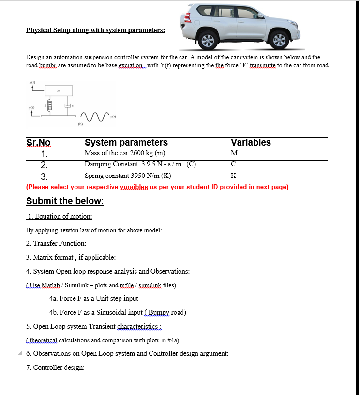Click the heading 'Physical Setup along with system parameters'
pos(95,30)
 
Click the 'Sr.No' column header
pos(38,143)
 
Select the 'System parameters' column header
pos(126,143)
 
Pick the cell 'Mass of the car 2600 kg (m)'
pos(125,153)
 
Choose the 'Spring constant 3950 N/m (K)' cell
pos(128,176)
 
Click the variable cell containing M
pos(234,153)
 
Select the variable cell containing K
pos(234,176)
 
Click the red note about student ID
pos(157,187)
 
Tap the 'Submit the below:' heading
pos(65,201)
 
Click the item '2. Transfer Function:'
pos(56,244)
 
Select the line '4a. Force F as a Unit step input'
pos(93,299)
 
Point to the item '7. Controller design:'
pos(55,368)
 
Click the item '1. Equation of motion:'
pos(60,217)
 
